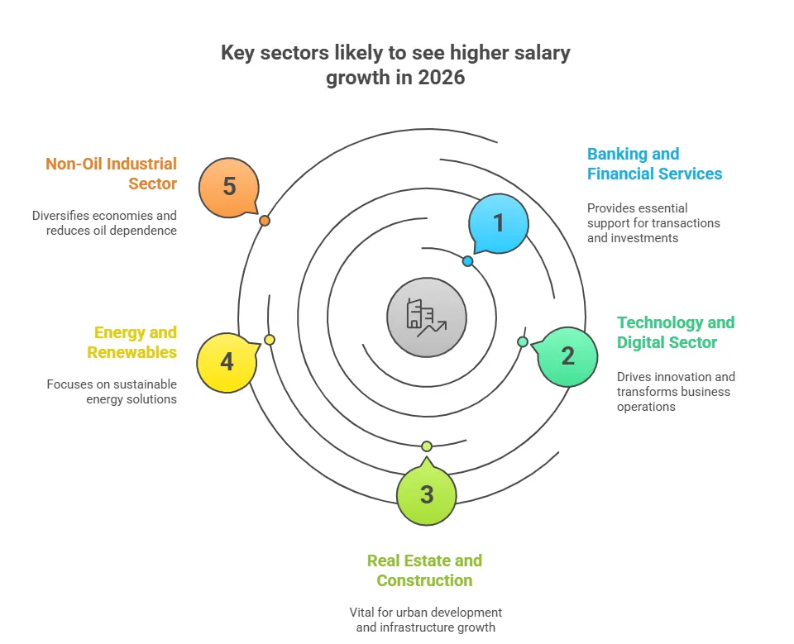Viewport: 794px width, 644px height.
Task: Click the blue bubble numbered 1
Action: coord(498,223)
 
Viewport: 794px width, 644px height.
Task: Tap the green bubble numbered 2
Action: coord(567,356)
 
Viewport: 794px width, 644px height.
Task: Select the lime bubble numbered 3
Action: coord(426,494)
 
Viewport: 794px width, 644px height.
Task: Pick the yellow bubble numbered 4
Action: coord(227,362)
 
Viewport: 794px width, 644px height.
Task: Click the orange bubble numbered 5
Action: coord(229,187)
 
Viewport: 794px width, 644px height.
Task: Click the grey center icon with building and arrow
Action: coord(427,317)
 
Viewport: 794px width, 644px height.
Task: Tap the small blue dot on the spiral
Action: coord(467,261)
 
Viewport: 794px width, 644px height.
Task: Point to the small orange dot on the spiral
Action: coord(264,221)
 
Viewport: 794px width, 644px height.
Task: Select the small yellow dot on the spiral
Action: coord(270,340)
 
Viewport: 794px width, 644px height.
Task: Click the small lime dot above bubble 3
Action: coord(426,446)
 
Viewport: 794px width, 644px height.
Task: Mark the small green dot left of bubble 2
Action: coord(523,341)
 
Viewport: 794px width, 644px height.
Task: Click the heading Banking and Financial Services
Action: coord(654,164)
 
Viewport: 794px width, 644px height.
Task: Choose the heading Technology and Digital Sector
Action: coord(675,332)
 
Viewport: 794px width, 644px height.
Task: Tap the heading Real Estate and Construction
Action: coord(424,570)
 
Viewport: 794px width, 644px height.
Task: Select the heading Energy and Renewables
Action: coord(135,342)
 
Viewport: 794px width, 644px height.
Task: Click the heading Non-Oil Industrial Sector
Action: coord(111,174)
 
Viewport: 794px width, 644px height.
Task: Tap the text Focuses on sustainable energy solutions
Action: coord(112,392)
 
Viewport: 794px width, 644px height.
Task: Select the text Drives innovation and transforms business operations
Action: coord(676,392)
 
